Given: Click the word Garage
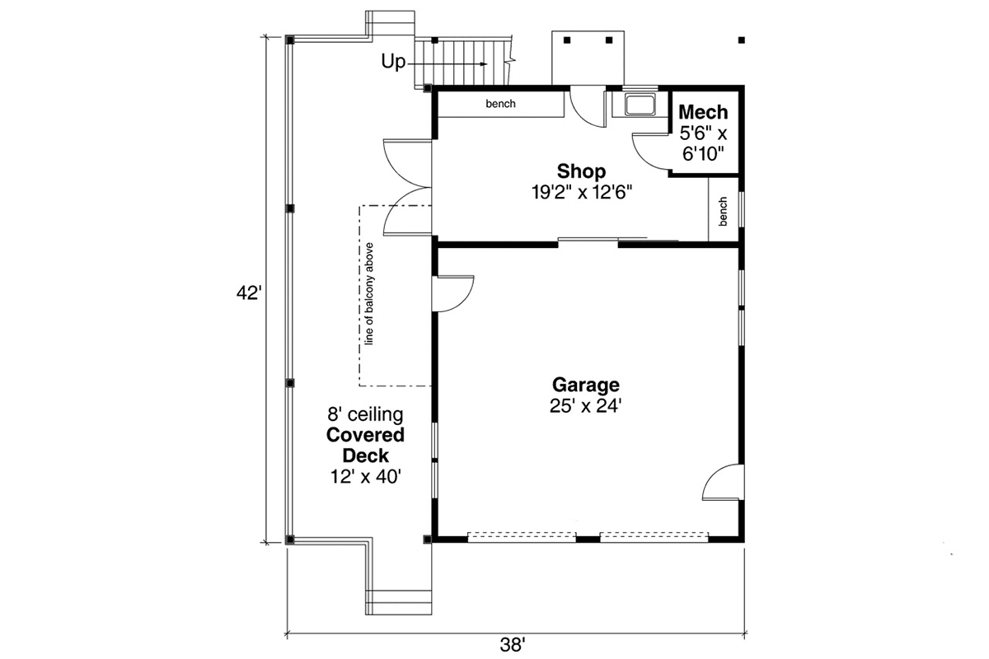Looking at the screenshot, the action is coord(585,385).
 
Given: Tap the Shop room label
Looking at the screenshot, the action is coord(581,171).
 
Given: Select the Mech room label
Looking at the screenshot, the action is coord(703,112).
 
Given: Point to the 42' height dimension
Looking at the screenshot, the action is coord(249,293).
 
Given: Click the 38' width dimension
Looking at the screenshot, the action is coord(512,645).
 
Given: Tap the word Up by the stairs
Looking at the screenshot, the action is coord(393,62).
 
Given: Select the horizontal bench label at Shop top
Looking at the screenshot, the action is coord(501,104).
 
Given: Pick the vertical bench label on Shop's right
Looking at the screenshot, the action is coord(723,212).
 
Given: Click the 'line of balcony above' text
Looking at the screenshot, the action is coord(369,293).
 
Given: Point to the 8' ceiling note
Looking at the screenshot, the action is coord(365,415).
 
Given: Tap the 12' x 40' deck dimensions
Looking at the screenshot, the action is coord(366,477).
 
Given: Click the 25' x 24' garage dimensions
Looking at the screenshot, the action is coord(585,406).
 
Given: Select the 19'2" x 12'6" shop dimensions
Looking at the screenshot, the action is coord(582,193).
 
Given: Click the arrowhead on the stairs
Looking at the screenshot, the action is coord(484,64).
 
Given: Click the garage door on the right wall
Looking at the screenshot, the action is coord(723,482).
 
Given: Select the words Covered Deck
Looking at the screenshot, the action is coord(366,446).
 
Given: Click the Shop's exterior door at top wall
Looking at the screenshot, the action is coord(587,107).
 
